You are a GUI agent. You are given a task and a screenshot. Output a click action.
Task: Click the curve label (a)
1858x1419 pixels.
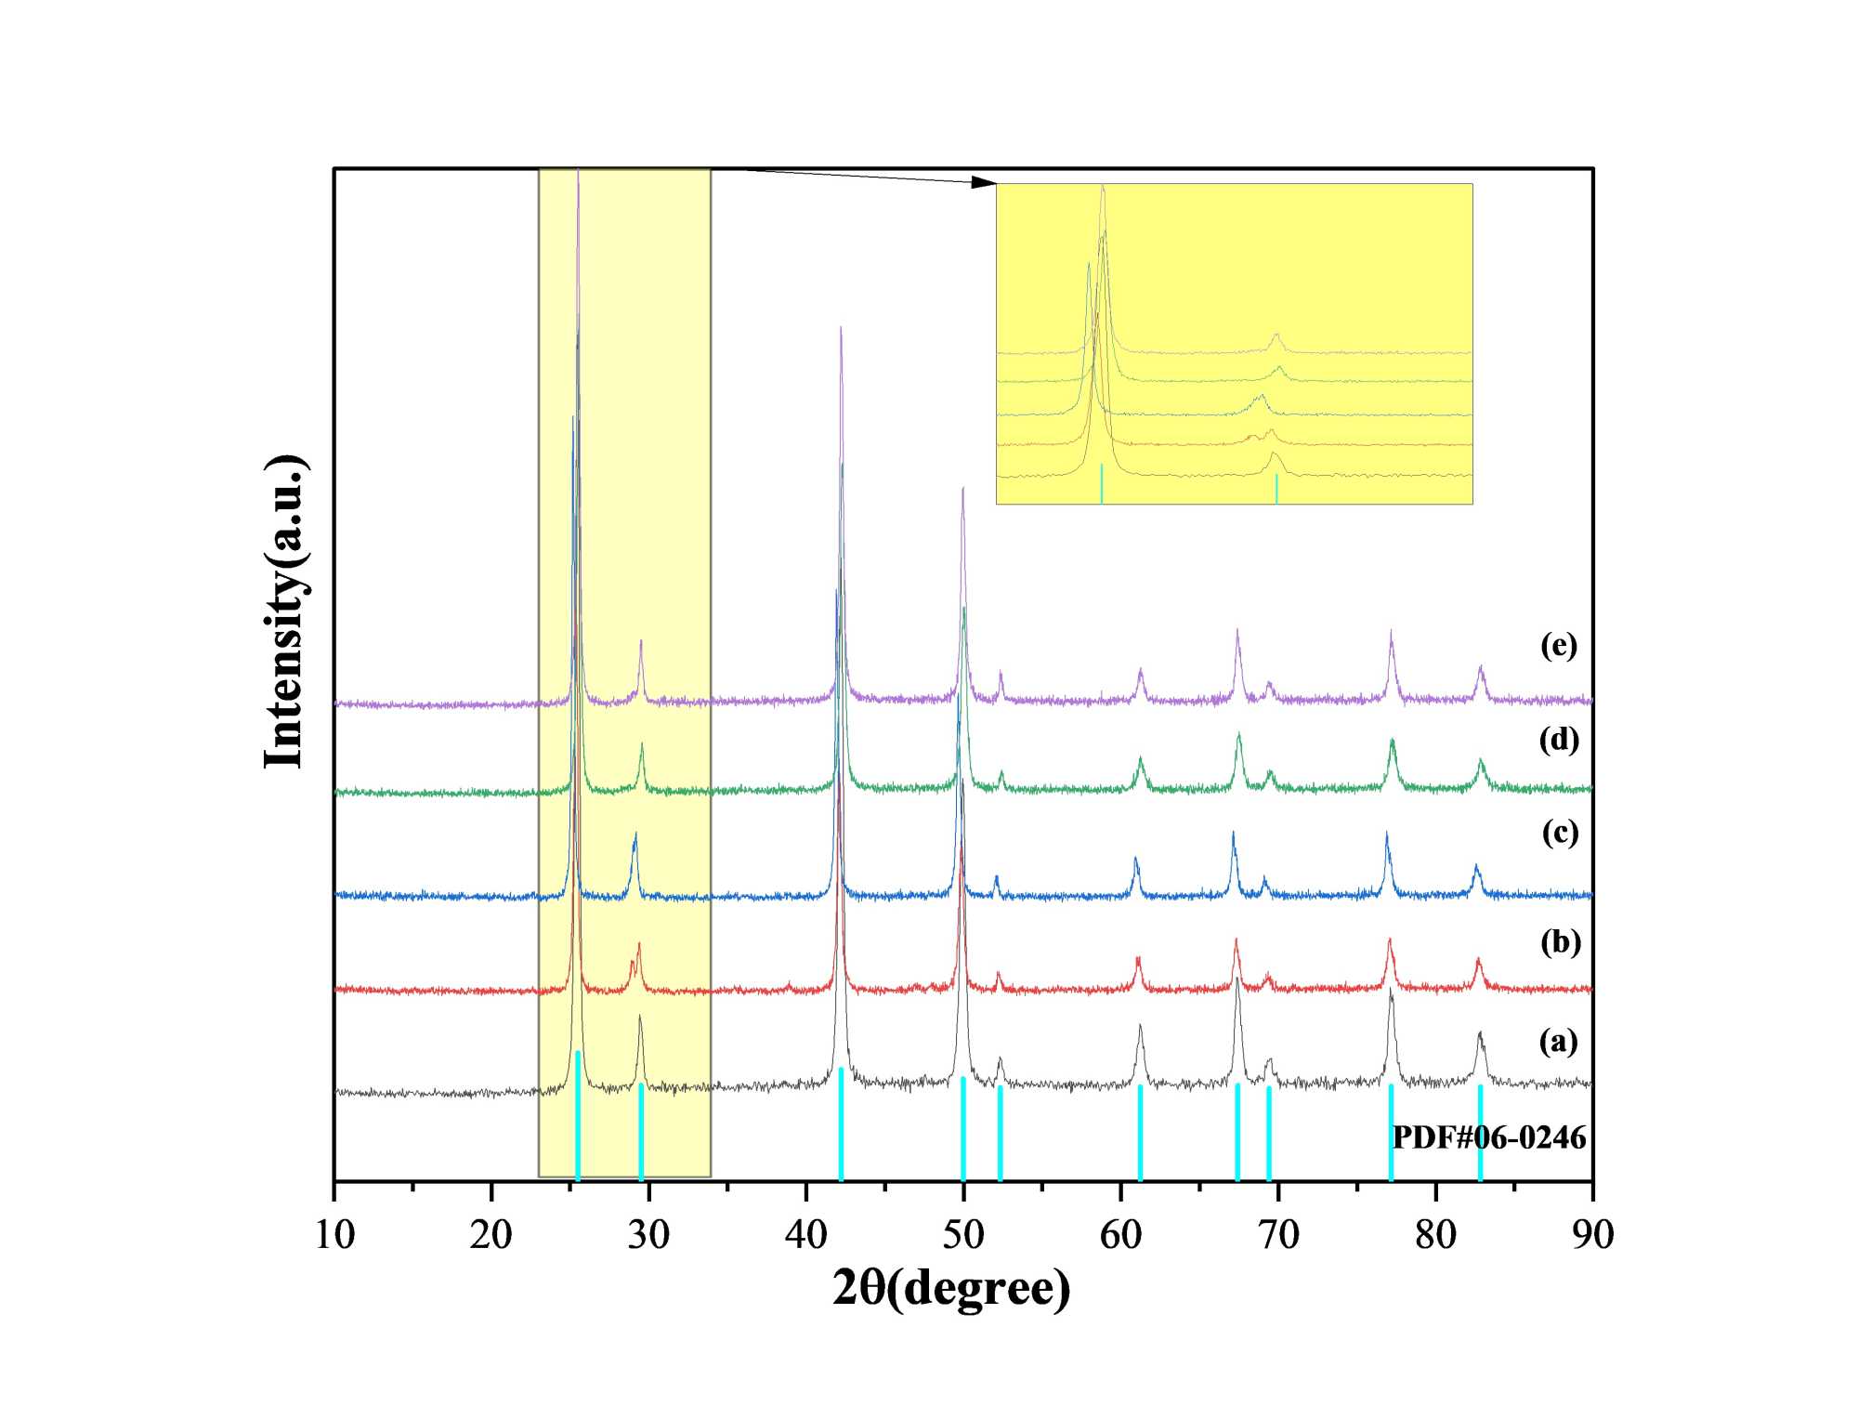[1558, 1041]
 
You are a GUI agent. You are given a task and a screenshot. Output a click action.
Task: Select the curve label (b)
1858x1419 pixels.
[1560, 941]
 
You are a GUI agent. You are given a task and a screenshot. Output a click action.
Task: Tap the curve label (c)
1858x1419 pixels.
[1560, 832]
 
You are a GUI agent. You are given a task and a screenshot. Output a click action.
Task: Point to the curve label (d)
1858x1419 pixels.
[1559, 739]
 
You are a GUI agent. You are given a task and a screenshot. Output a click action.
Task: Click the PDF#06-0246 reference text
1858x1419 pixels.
[1488, 1137]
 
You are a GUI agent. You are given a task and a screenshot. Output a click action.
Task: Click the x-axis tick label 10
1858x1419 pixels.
[334, 1235]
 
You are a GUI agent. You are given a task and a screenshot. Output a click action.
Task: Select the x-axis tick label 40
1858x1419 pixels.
[805, 1235]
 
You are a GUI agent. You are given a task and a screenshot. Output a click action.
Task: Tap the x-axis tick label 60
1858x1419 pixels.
[1120, 1235]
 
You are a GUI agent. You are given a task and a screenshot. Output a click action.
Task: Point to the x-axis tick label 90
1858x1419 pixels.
[1592, 1235]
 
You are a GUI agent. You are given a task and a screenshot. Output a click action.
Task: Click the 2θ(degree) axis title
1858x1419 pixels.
[951, 1288]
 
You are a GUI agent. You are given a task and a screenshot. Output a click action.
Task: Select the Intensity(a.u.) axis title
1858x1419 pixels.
[284, 612]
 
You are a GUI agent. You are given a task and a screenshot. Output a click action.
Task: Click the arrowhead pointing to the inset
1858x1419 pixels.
[984, 181]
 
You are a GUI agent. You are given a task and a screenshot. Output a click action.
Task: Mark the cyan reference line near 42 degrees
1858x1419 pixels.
[841, 1124]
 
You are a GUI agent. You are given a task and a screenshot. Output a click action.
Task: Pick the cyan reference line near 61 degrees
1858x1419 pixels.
[1140, 1133]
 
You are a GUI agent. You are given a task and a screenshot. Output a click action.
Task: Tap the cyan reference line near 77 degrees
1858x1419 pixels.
[1391, 1133]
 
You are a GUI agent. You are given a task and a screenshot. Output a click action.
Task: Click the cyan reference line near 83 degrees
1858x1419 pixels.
[1480, 1133]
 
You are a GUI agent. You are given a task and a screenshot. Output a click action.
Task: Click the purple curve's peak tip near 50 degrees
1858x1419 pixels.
[962, 489]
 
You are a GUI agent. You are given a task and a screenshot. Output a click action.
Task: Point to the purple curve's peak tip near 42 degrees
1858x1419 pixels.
[841, 328]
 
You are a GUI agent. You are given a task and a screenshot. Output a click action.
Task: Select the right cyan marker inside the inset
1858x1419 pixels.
[1276, 489]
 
